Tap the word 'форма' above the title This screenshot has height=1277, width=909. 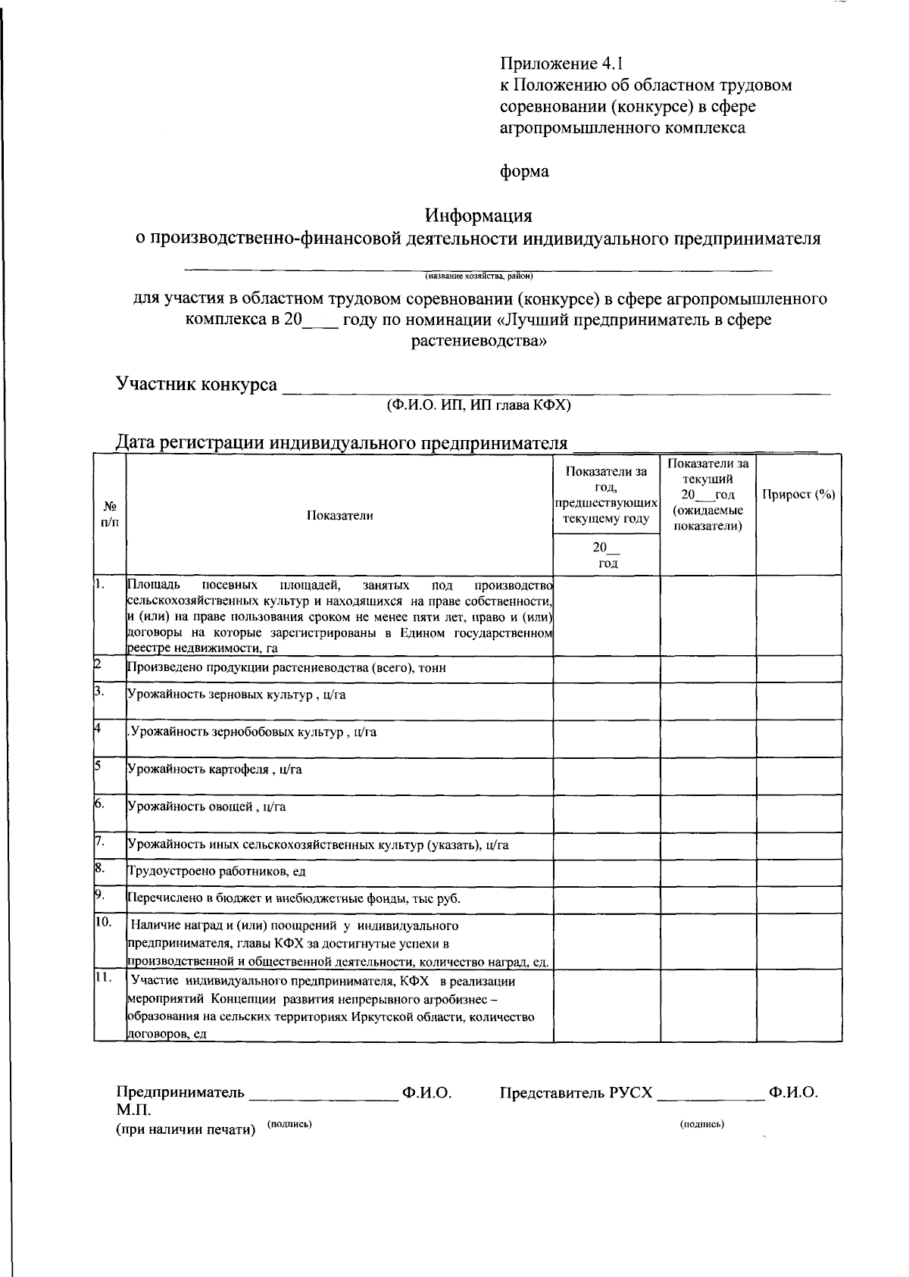524,171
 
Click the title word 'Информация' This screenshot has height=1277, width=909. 478,216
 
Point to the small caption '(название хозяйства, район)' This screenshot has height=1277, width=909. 479,276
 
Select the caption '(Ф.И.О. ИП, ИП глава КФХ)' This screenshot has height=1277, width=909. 478,405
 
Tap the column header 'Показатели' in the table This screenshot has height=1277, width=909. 339,516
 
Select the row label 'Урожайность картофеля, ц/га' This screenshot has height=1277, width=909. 214,769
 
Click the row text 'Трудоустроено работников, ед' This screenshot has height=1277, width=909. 216,872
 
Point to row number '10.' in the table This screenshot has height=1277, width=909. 104,922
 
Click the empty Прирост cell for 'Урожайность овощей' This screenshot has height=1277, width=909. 798,813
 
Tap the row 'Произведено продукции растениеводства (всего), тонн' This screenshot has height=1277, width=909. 286,668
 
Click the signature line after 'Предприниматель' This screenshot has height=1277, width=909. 323,1094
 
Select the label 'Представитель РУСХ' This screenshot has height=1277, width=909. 576,1093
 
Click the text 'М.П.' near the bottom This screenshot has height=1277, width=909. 133,1110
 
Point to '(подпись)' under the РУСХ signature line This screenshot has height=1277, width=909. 701,1124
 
